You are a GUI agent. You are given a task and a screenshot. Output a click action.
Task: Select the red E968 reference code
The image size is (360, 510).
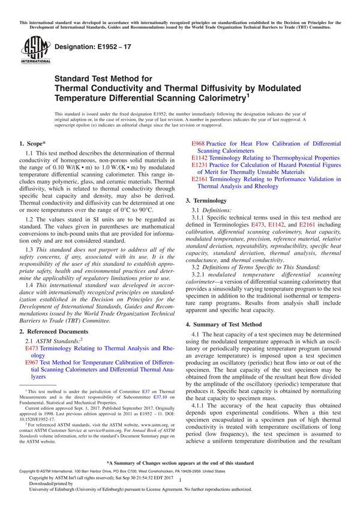coord(199,144)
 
